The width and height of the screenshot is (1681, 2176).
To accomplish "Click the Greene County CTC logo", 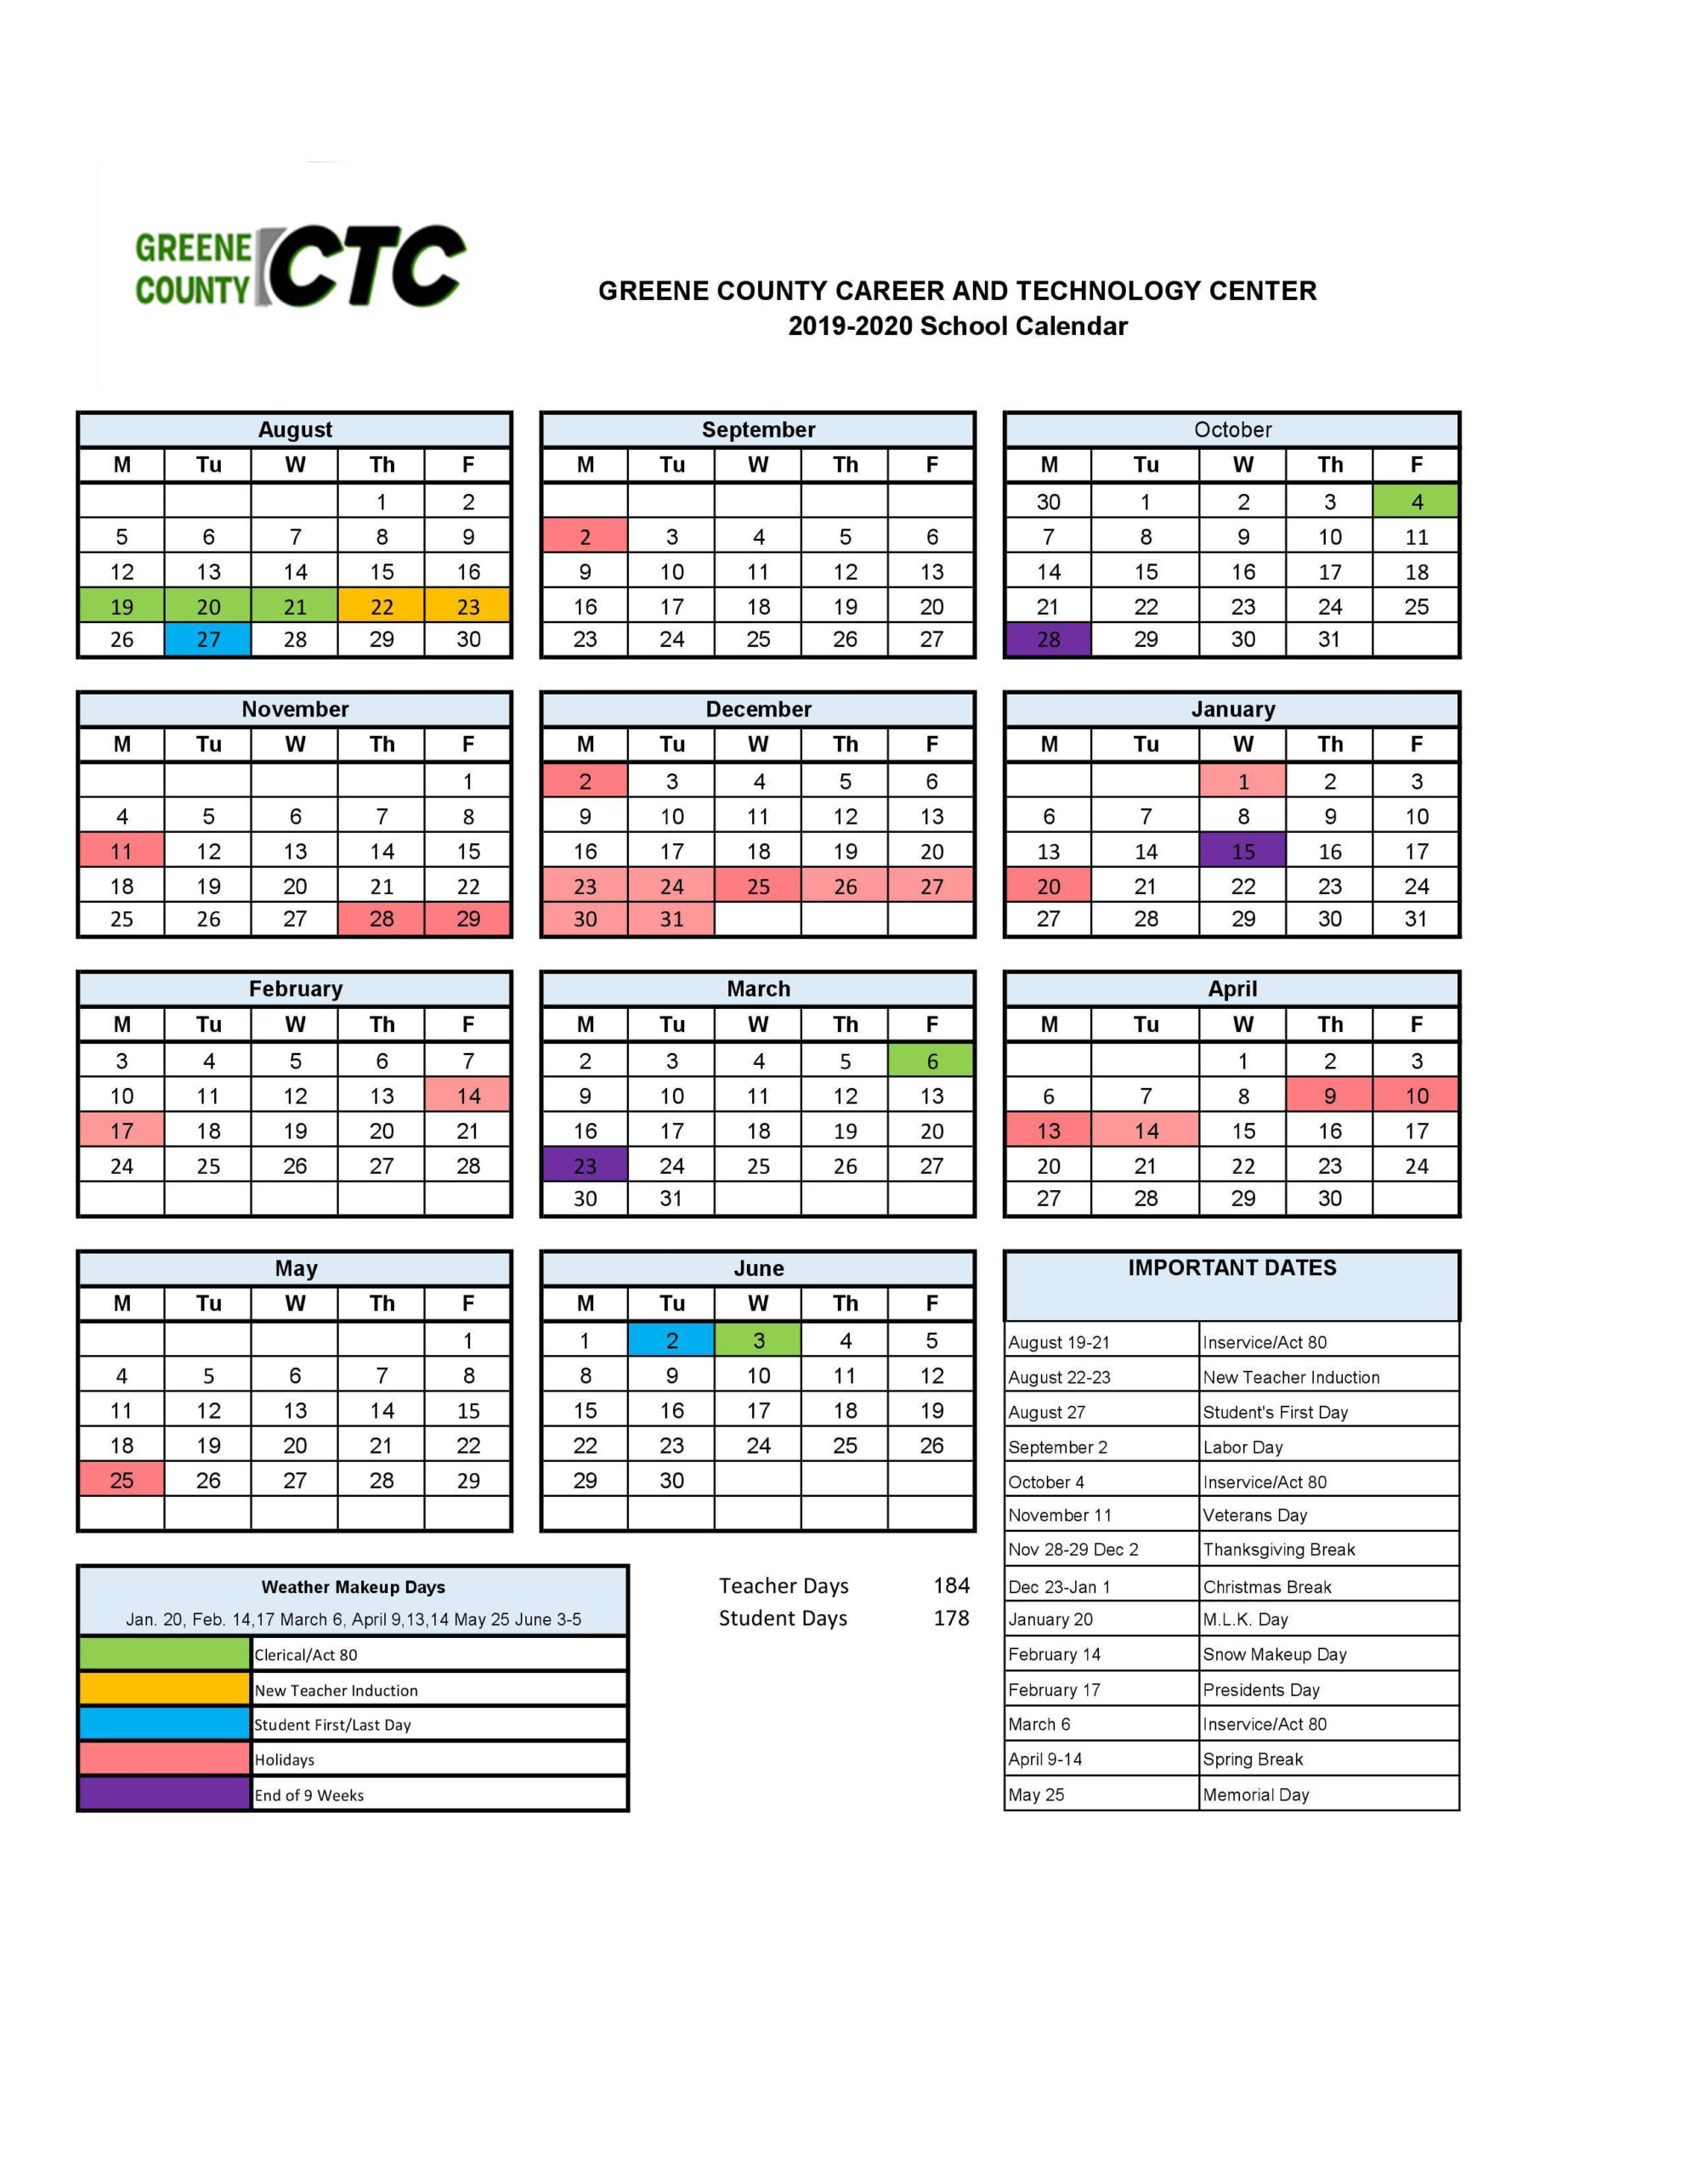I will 299,268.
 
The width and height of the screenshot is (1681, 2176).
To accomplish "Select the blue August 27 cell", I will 208,640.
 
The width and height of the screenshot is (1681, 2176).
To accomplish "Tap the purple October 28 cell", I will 1048,640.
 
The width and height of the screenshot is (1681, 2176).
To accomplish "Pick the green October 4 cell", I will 1416,501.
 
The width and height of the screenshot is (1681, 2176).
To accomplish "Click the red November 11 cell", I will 122,851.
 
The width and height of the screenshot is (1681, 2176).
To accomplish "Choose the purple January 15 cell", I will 1242,851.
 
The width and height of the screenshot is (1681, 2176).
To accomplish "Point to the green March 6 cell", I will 931,1061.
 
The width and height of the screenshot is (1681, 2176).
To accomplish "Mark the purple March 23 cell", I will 585,1165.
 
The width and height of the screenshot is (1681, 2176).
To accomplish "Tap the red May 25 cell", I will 122,1481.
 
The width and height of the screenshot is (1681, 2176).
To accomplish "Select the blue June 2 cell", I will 671,1341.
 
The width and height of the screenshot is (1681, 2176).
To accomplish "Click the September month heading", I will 758,429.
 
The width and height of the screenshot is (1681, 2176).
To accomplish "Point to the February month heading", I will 295,989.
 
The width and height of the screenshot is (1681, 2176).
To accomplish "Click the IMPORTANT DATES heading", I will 1231,1267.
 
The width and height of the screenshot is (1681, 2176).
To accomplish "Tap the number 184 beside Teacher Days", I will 951,1585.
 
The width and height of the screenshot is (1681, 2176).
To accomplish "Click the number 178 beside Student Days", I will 951,1618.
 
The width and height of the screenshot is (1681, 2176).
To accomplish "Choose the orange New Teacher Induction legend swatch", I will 164,1690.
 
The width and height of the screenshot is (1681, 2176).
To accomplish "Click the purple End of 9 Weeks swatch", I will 164,1794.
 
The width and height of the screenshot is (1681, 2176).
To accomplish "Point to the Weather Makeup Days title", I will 353,1587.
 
